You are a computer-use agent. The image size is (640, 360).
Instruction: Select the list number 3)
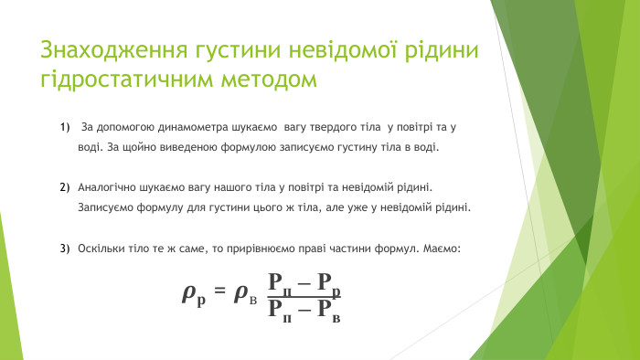pyautogui.click(x=65, y=249)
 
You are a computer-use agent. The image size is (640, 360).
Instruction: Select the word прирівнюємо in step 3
pyautogui.click(x=261, y=249)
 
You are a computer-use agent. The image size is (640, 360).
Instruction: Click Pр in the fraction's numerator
pyautogui.click(x=328, y=283)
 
